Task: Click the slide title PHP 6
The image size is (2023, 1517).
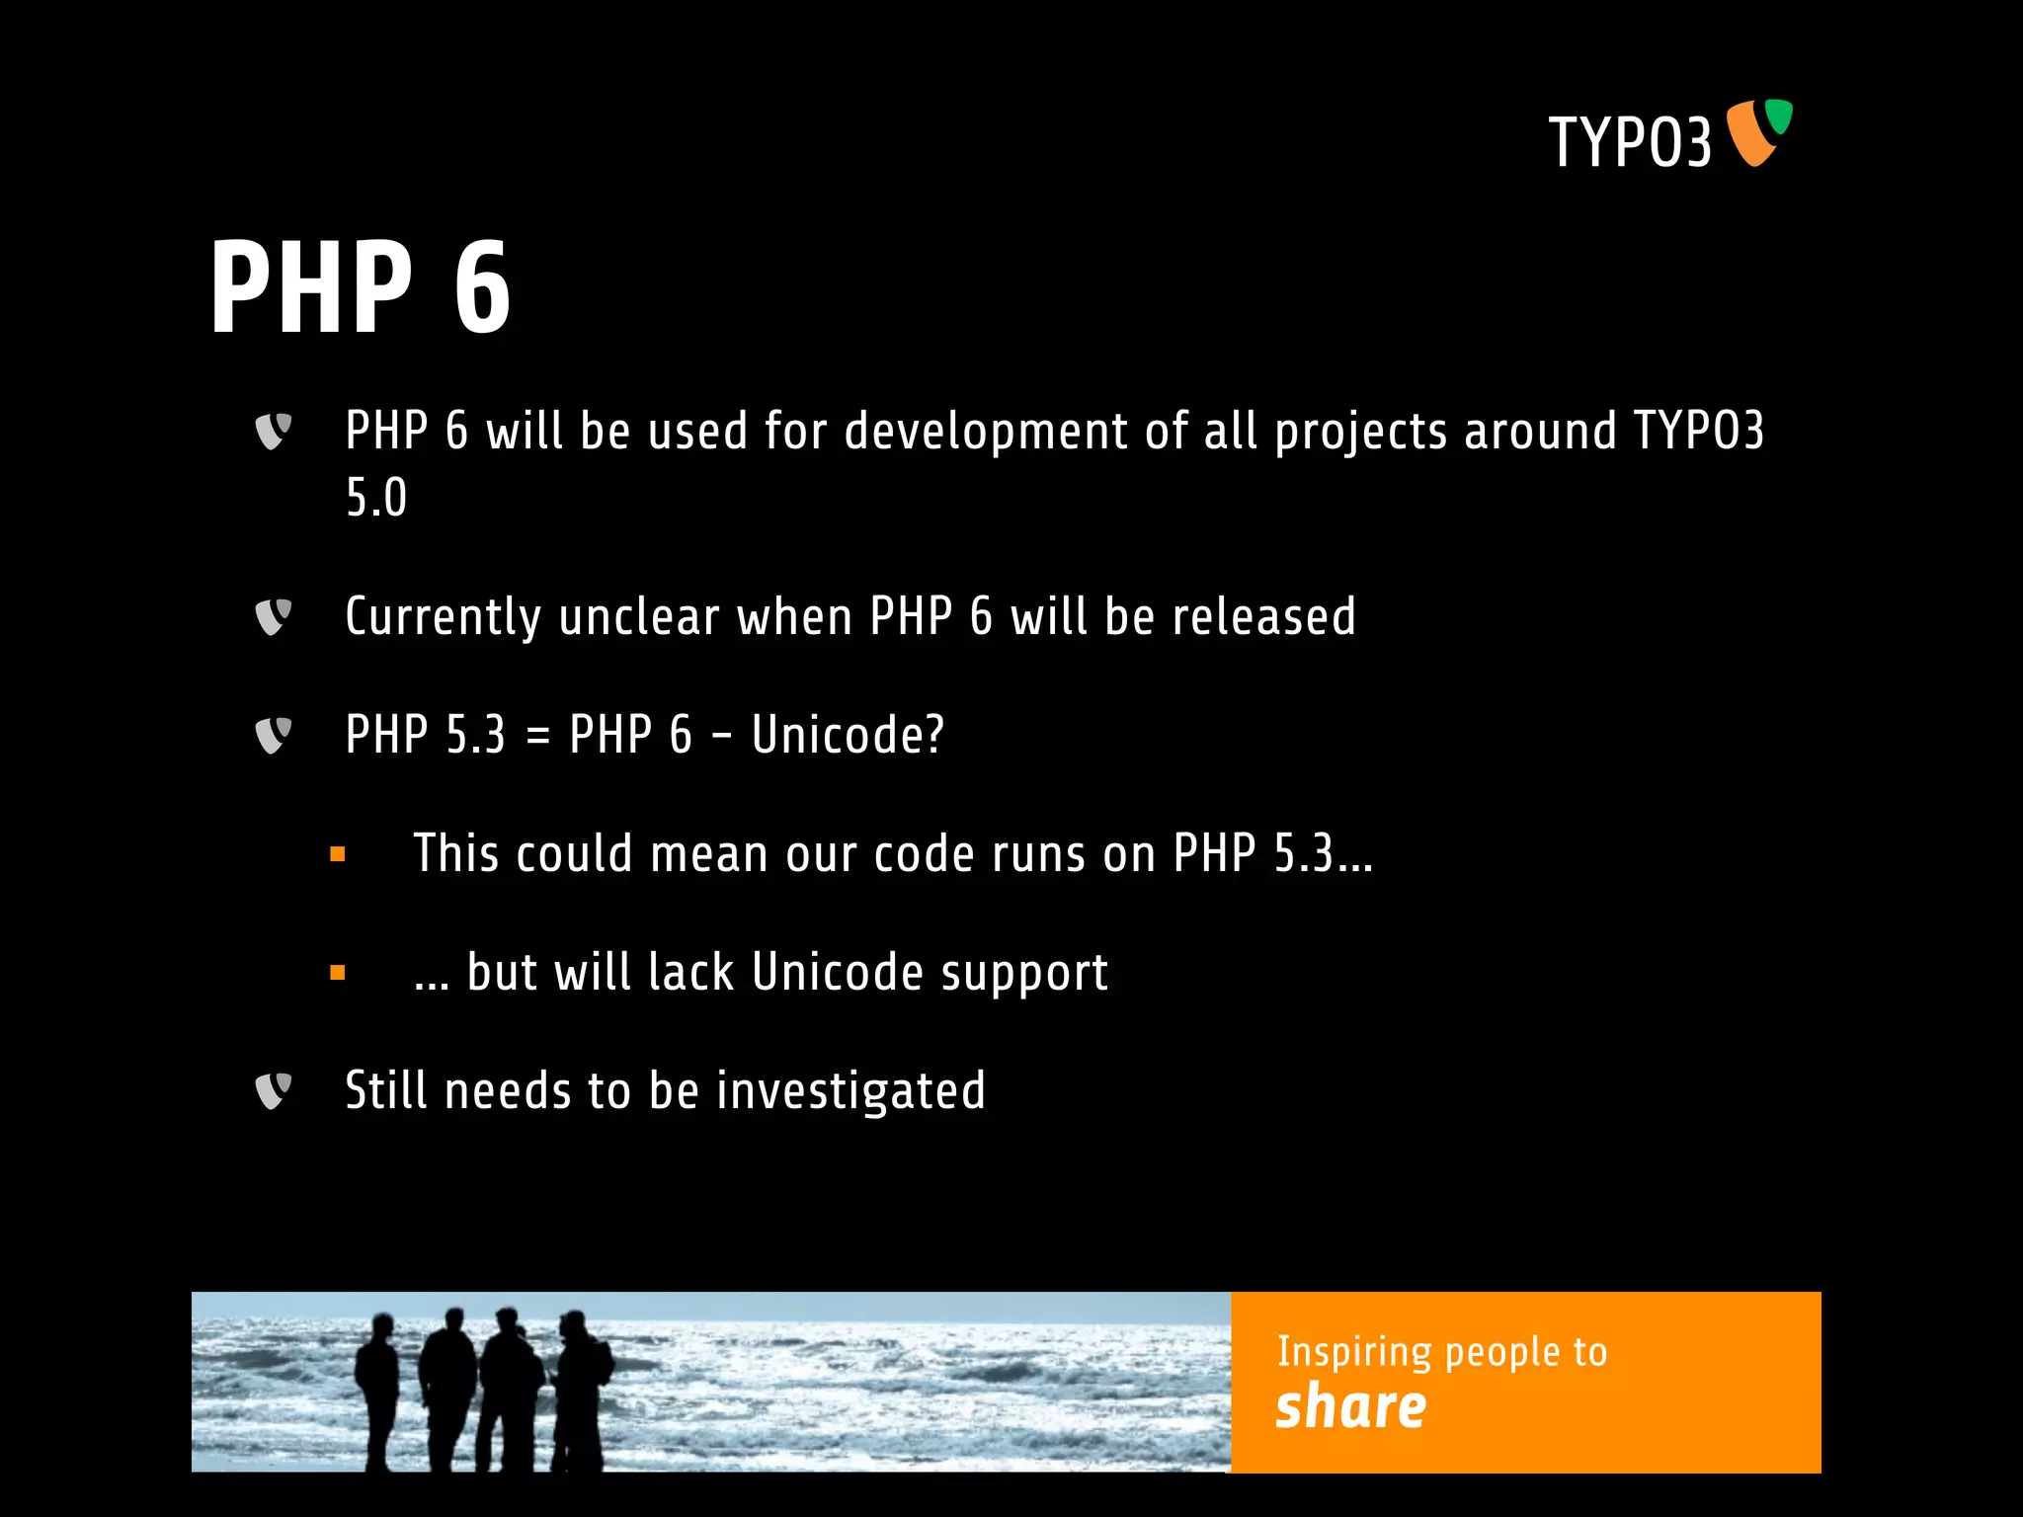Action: coord(361,288)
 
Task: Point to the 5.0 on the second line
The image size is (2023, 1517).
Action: coord(376,498)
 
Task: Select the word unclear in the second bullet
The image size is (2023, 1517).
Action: coord(639,617)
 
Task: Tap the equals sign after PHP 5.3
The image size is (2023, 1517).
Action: coord(537,737)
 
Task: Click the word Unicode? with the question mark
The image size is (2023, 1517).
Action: coord(848,736)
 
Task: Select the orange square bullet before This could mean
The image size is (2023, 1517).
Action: coord(338,854)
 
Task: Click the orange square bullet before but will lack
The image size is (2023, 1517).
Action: coord(338,973)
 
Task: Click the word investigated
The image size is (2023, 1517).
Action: coord(850,1092)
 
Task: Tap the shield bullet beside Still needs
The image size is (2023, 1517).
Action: coord(273,1091)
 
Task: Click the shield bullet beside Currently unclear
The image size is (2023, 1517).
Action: coord(273,617)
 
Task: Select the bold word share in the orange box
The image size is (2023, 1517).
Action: coord(1350,1406)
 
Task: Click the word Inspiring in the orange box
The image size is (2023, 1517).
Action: coord(1353,1352)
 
